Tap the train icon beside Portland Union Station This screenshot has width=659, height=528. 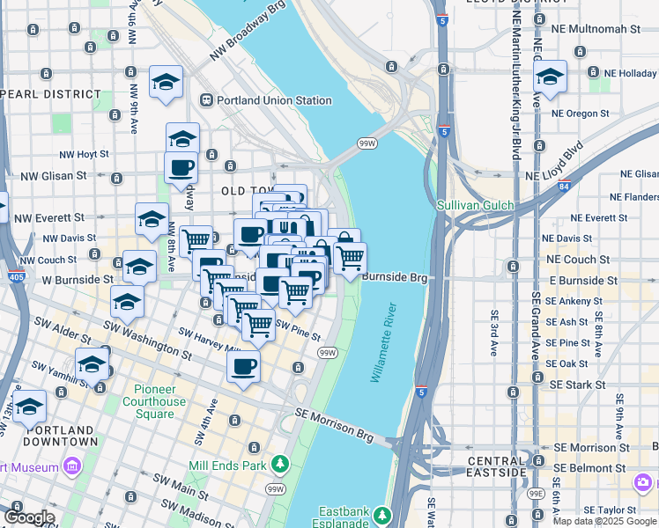coord(208,100)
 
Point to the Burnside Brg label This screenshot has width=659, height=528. coord(394,277)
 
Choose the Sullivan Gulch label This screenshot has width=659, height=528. coord(476,205)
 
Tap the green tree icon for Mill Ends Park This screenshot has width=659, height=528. coord(280,463)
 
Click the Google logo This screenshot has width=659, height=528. coord(29,517)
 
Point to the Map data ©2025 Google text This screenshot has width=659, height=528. coord(604,521)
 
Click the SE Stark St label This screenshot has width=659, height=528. coord(578,385)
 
